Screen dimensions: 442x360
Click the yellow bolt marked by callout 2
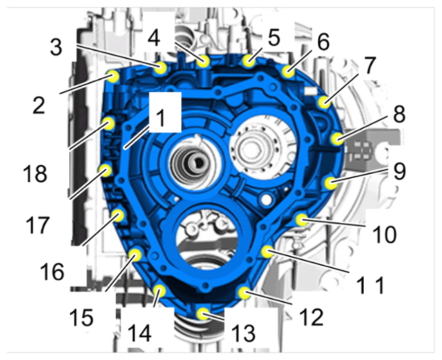click(113, 76)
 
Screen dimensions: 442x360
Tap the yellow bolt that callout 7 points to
click(324, 102)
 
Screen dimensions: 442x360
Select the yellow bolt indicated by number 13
click(203, 314)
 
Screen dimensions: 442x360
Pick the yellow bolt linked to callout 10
click(302, 219)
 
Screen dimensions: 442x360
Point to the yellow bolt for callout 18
click(108, 123)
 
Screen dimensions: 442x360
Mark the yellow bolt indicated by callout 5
click(248, 61)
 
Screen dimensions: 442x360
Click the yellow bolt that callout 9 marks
click(331, 183)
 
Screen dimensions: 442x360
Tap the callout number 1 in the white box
click(160, 118)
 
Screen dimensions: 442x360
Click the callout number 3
click(56, 47)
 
